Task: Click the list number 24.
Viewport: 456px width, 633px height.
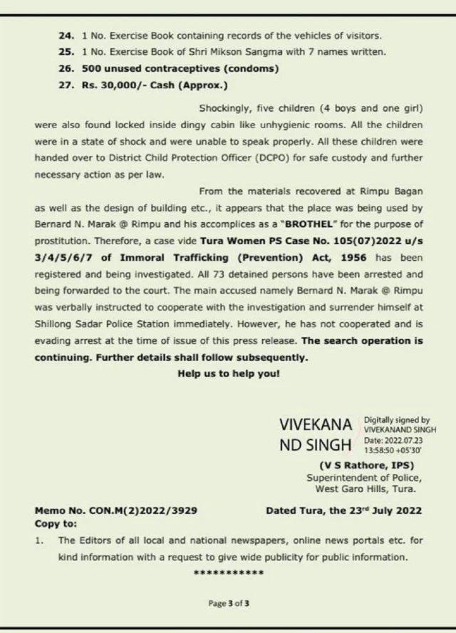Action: pyautogui.click(x=66, y=35)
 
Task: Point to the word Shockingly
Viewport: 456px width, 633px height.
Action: pyautogui.click(x=225, y=108)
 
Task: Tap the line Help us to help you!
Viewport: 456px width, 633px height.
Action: pyautogui.click(x=228, y=374)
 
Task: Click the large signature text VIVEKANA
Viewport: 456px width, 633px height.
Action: pyautogui.click(x=316, y=426)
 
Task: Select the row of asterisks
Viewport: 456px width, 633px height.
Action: pyautogui.click(x=228, y=572)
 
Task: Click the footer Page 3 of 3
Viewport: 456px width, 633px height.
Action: pyautogui.click(x=228, y=604)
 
